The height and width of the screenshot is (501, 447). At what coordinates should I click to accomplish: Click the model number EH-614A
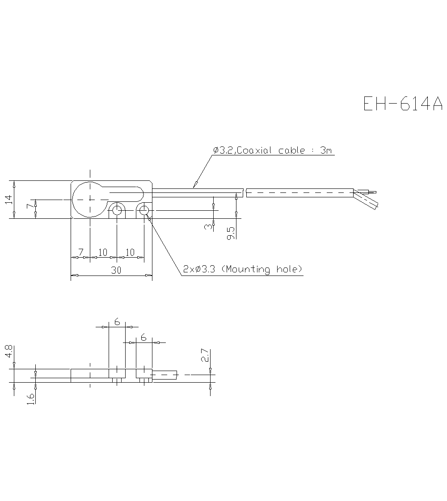[402, 104]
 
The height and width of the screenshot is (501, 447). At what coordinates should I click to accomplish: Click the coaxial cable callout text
[273, 150]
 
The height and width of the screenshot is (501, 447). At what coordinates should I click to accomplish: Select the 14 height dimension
[8, 200]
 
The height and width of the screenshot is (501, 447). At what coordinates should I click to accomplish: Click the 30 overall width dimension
[116, 270]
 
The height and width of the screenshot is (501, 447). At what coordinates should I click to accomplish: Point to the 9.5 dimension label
[231, 232]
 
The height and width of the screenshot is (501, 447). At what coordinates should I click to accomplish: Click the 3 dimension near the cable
[208, 227]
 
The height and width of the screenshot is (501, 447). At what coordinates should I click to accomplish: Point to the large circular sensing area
[90, 199]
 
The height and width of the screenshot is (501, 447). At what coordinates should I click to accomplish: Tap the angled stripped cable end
[367, 200]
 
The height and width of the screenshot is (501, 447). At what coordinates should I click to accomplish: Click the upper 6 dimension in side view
[117, 321]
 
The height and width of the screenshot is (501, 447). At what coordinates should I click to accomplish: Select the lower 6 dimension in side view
[143, 338]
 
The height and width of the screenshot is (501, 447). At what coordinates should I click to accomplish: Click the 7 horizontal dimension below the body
[81, 252]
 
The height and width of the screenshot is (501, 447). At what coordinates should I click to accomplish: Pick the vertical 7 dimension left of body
[30, 207]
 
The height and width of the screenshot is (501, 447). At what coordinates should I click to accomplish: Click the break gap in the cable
[245, 192]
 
